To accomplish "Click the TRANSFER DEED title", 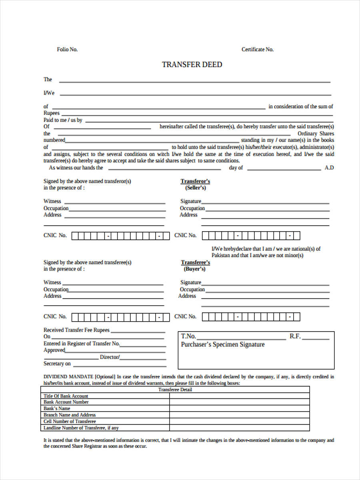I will (192, 65).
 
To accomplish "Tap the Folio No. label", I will (67, 50).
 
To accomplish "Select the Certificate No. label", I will (258, 50).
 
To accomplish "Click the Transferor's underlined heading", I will (195, 181).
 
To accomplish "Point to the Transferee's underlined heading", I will (195, 262).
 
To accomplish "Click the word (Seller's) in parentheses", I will (195, 188).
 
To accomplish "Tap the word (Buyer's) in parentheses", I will (195, 269).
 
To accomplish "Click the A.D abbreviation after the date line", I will (329, 168).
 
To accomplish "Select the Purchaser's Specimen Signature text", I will (223, 344).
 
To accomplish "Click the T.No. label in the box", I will (188, 336).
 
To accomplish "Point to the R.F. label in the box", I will (295, 336).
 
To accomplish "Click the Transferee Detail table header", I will (175, 390).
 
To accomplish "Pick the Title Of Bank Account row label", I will (66, 396).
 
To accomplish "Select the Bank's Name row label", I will (57, 408).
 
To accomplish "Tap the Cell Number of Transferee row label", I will (70, 421).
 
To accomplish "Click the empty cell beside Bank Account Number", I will (239, 402).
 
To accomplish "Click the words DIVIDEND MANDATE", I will (68, 376).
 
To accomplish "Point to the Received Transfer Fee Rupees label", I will (76, 330).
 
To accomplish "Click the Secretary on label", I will (57, 364).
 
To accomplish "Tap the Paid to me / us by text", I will (63, 120).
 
